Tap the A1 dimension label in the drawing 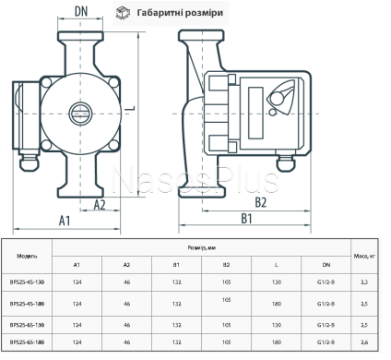pos(65,221)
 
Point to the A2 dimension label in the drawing pos(103,204)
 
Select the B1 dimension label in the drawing pos(247,220)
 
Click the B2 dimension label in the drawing pos(260,203)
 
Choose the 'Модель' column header pos(28,255)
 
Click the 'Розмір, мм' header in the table pos(201,247)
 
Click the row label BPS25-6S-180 pos(28,342)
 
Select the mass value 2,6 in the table pos(365,342)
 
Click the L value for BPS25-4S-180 pos(276,301)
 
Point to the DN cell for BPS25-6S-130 pos(326,324)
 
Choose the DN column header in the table pos(326,264)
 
